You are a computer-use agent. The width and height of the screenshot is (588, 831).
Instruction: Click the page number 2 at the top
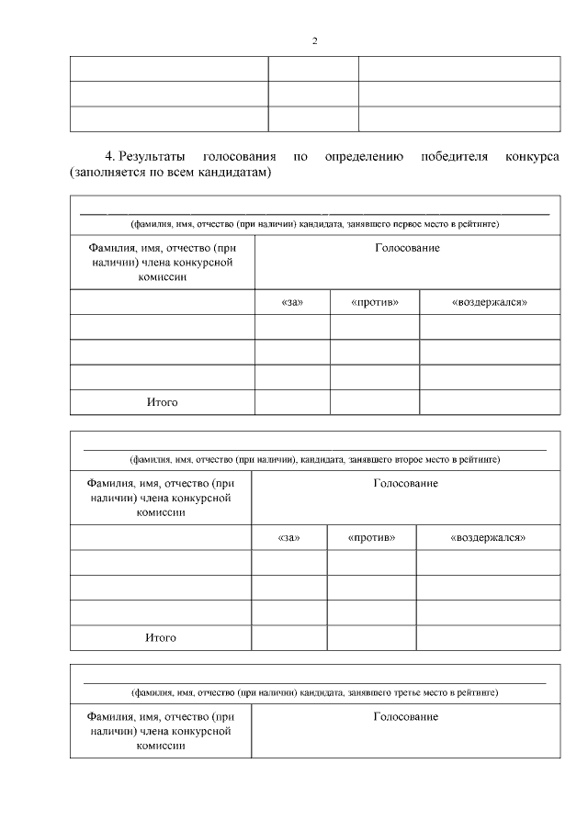(x=314, y=41)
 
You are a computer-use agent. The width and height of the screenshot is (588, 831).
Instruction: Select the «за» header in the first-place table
(x=291, y=302)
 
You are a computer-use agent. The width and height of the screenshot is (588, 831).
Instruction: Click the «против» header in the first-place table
(x=374, y=302)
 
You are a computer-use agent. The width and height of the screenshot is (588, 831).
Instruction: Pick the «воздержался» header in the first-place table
(x=490, y=302)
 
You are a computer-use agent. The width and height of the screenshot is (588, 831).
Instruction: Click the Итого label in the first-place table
(x=162, y=402)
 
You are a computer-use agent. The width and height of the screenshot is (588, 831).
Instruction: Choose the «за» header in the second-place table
(x=288, y=537)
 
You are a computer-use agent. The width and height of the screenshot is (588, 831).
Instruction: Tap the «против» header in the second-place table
(x=371, y=537)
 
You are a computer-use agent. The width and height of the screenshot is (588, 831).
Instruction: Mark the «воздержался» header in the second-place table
(x=488, y=537)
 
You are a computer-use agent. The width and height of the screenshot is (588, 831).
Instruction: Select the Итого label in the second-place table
(x=160, y=637)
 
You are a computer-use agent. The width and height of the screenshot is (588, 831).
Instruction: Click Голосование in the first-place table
(x=407, y=249)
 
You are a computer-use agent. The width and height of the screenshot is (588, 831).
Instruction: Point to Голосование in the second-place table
(x=405, y=484)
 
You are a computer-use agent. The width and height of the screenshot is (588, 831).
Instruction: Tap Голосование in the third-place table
(x=405, y=716)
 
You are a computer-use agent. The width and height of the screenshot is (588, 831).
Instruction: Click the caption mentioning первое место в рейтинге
(x=314, y=224)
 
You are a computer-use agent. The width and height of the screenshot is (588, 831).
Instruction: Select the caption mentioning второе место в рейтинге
(x=314, y=459)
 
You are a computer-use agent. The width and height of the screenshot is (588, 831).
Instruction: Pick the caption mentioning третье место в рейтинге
(x=314, y=693)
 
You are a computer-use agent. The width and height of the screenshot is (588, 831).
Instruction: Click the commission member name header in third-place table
(x=161, y=731)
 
